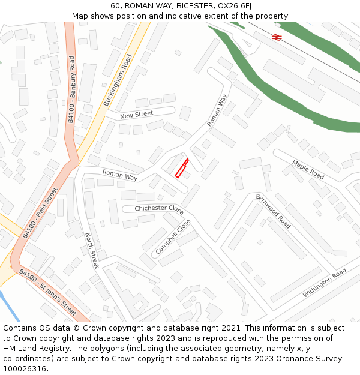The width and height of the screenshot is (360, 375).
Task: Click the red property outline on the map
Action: [x=181, y=167]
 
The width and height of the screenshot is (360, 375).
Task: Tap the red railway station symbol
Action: [x=277, y=37]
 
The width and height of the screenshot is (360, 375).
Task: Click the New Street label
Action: [x=136, y=114]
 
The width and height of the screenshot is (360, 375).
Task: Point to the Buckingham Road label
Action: [x=118, y=80]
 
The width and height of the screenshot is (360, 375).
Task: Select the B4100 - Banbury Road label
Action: [x=71, y=89]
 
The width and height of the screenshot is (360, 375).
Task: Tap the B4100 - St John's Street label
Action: [x=47, y=292]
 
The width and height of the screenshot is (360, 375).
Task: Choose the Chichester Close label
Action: [x=159, y=209]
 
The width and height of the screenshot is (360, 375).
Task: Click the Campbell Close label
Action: [x=173, y=235]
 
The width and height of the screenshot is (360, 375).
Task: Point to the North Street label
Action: [x=91, y=250]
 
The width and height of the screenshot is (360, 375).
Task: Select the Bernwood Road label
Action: [x=273, y=211]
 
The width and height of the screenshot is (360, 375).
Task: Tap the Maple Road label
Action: [x=308, y=169]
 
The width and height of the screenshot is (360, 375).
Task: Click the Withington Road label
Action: [x=325, y=283]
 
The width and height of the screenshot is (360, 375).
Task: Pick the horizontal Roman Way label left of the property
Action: [x=120, y=175]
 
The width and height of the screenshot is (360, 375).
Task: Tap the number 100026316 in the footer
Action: [x=24, y=368]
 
